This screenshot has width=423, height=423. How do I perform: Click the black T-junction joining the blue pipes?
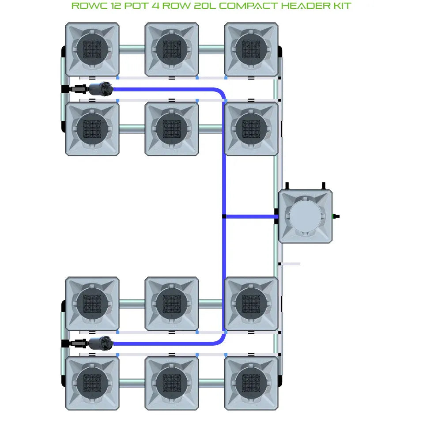[x=224, y=216]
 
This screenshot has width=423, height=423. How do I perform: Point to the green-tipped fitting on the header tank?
[x=336, y=216]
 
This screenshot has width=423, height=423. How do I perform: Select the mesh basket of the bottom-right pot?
[x=251, y=382]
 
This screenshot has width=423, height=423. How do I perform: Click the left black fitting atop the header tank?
[x=287, y=185]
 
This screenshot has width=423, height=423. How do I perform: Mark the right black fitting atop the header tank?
[x=323, y=185]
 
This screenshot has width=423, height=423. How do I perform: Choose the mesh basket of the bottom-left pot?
[x=92, y=382]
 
